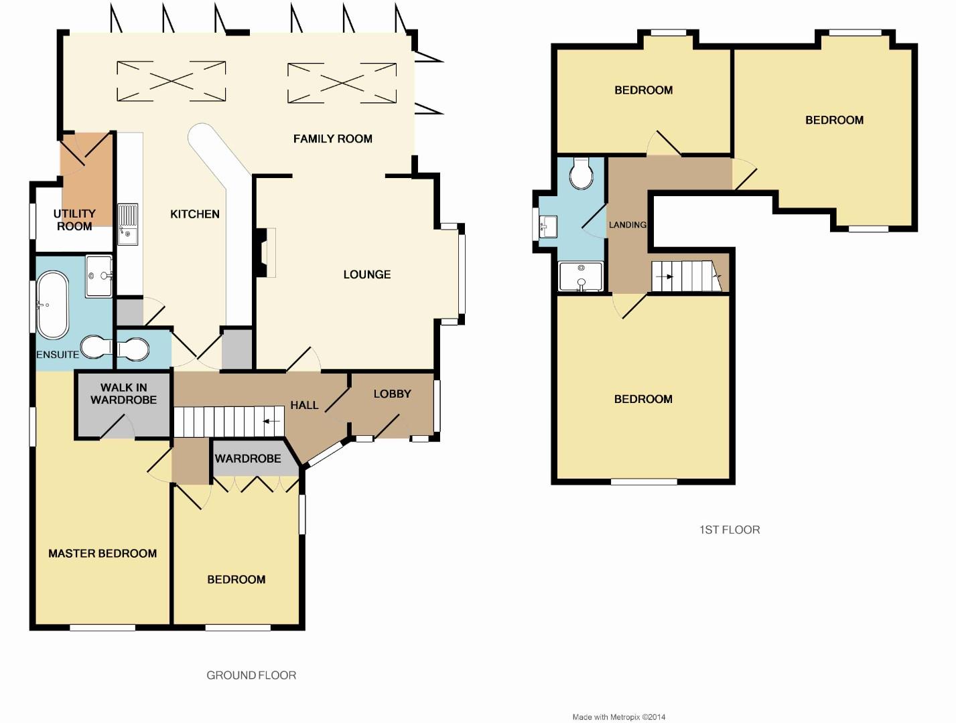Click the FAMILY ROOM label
pyautogui.click(x=332, y=139)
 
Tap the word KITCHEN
pyautogui.click(x=194, y=214)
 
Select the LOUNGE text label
pyautogui.click(x=366, y=274)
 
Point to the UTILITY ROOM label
pyautogui.click(x=74, y=220)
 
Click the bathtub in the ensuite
pyautogui.click(x=52, y=305)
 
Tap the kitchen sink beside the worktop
pyautogui.click(x=127, y=224)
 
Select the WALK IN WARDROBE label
pyautogui.click(x=123, y=394)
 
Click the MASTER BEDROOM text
pyautogui.click(x=103, y=554)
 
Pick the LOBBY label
pyautogui.click(x=392, y=394)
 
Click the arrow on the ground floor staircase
pyautogui.click(x=271, y=421)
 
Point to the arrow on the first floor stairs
pyautogui.click(x=664, y=276)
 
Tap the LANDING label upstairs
pyautogui.click(x=627, y=225)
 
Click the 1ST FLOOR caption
pyautogui.click(x=730, y=530)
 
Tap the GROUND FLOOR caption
pyautogui.click(x=251, y=675)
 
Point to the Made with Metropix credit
pyautogui.click(x=618, y=717)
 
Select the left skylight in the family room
pyautogui.click(x=171, y=82)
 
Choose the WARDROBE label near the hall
pyautogui.click(x=248, y=459)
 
